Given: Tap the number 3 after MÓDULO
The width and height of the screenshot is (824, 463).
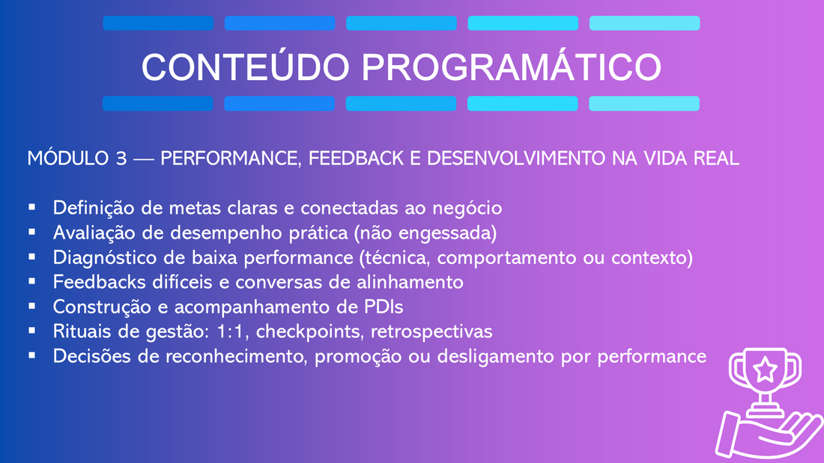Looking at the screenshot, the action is [x=121, y=158].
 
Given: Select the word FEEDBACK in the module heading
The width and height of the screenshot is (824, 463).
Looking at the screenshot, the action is [x=356, y=158].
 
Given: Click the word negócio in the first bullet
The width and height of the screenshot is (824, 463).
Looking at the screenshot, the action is [x=467, y=209].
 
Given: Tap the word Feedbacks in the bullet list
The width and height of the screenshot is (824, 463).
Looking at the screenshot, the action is [x=100, y=282].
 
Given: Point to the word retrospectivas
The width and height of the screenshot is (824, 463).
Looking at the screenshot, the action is [x=431, y=332].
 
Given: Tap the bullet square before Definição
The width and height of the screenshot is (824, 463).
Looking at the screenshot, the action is [x=32, y=207].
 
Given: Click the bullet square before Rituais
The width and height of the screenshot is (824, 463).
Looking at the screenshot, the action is [x=32, y=331].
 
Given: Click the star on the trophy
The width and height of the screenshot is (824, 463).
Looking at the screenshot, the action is [x=765, y=370].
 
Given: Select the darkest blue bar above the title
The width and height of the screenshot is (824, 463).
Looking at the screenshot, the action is [x=158, y=23].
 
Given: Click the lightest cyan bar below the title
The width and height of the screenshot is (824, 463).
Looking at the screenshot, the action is [x=644, y=103].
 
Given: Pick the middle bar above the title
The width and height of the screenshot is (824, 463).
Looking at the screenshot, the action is [x=402, y=23].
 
